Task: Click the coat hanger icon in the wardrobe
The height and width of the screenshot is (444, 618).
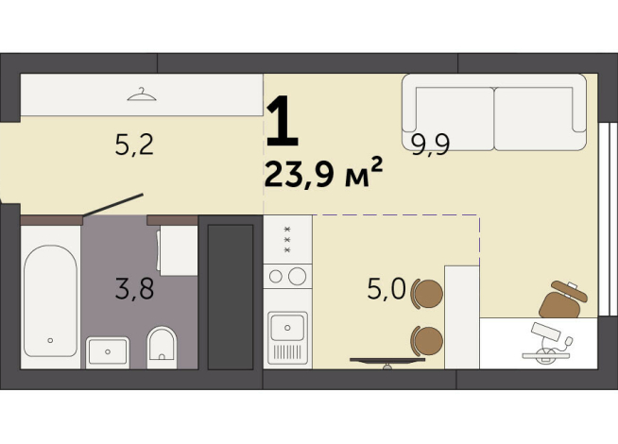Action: [x=141, y=94]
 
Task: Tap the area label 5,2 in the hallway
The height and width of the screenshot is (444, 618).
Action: [x=132, y=145]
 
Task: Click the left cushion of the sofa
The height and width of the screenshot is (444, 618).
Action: [x=448, y=109]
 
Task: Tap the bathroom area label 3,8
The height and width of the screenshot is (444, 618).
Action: [x=134, y=288]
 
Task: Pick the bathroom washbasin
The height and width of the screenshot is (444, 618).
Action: [x=108, y=351]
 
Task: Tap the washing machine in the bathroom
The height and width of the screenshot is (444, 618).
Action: [x=178, y=250]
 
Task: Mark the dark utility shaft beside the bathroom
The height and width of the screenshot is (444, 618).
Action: [x=230, y=296]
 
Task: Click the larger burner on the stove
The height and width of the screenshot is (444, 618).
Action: [x=297, y=276]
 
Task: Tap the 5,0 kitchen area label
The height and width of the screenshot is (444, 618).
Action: [x=386, y=288]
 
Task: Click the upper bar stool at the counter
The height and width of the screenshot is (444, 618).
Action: [x=428, y=293]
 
